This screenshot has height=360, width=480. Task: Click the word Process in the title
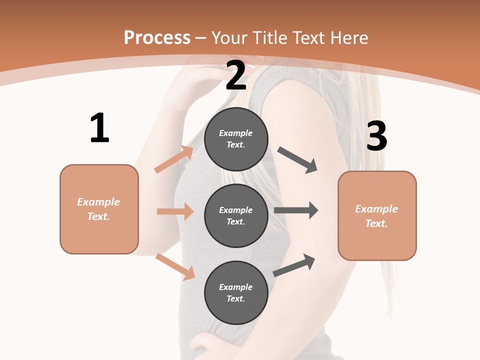click(157, 38)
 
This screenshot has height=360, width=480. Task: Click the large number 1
click(99, 128)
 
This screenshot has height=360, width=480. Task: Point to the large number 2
click(236, 75)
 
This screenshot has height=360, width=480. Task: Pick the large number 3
click(376, 136)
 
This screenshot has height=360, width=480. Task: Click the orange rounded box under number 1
click(99, 209)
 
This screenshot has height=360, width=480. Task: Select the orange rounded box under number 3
click(377, 215)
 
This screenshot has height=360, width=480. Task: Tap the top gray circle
click(236, 139)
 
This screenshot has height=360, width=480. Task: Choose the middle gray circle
click(236, 215)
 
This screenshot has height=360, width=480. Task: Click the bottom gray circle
click(236, 292)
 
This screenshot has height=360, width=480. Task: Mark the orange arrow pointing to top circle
click(174, 159)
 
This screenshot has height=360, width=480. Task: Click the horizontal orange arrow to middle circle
click(175, 211)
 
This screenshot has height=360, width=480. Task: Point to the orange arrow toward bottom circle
click(175, 266)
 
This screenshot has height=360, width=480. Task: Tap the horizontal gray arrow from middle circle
click(295, 210)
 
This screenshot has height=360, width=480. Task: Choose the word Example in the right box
click(376, 209)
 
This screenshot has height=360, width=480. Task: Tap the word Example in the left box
click(98, 202)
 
